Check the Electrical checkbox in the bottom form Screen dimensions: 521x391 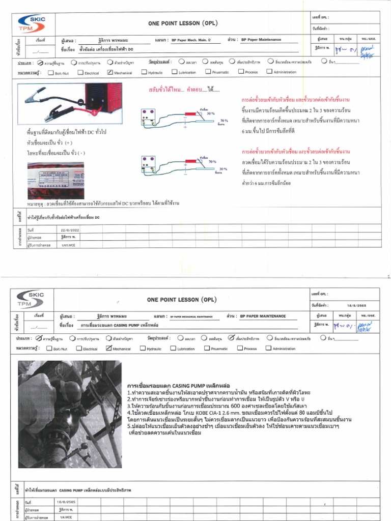pos(79,349)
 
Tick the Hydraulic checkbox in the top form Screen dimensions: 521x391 pos(144,73)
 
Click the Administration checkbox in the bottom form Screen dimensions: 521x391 pos(269,349)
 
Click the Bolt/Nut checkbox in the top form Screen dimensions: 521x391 pos(50,73)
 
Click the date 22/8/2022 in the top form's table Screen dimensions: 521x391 pos(69,229)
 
